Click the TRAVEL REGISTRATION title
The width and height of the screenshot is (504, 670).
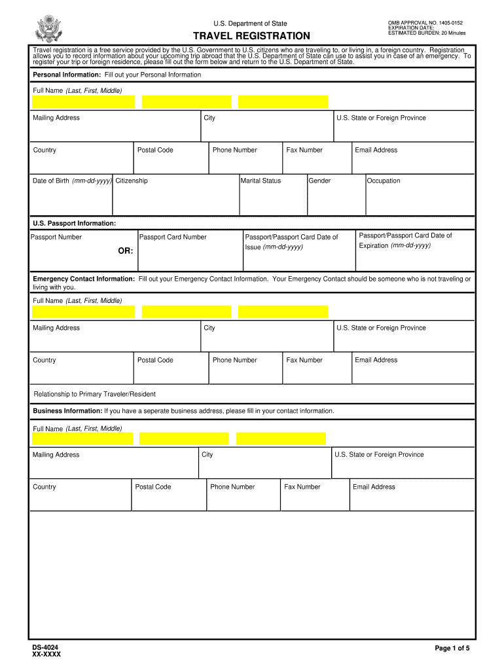pyautogui.click(x=251, y=36)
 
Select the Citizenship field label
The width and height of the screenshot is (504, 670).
pyautogui.click(x=132, y=181)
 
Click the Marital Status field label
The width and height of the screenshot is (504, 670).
pyautogui.click(x=261, y=181)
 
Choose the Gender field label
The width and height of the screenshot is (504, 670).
pyautogui.click(x=319, y=181)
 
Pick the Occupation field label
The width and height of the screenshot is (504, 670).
pyautogui.click(x=384, y=181)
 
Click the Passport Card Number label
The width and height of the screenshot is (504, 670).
pyautogui.click(x=173, y=238)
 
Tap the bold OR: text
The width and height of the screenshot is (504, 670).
pyautogui.click(x=126, y=251)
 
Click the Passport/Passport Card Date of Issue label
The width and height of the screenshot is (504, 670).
pyautogui.click(x=291, y=242)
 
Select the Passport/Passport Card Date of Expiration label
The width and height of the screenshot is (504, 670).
pyautogui.click(x=405, y=241)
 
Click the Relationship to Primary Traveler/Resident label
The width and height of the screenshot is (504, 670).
pyautogui.click(x=94, y=395)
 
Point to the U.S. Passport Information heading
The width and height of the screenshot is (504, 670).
pyautogui.click(x=75, y=224)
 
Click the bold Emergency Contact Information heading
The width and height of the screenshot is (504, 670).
pyautogui.click(x=84, y=279)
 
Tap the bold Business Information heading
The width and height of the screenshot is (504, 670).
pyautogui.click(x=67, y=411)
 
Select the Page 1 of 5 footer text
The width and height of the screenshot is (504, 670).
pyautogui.click(x=452, y=648)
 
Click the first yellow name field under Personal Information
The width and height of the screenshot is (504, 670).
pyautogui.click(x=83, y=102)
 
